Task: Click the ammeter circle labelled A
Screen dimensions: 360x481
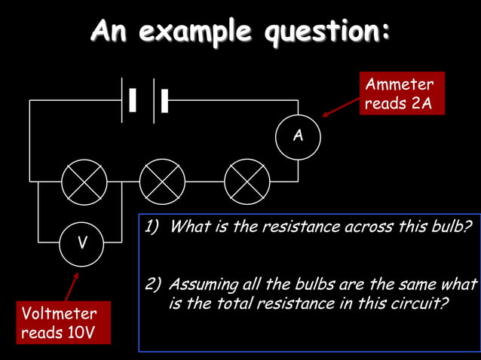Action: pyautogui.click(x=298, y=136)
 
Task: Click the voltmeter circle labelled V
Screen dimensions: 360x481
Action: pyautogui.click(x=82, y=243)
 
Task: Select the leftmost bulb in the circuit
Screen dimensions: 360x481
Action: pyautogui.click(x=83, y=182)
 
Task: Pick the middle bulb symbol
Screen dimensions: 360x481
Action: pyautogui.click(x=162, y=182)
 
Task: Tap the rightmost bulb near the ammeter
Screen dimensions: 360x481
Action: pyautogui.click(x=247, y=182)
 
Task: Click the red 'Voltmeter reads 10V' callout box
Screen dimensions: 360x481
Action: pyautogui.click(x=64, y=322)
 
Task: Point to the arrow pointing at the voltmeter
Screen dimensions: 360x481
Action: pyautogui.click(x=71, y=287)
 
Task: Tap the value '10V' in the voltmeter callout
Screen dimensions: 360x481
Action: pyautogui.click(x=79, y=332)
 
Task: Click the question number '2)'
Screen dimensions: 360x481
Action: pyautogui.click(x=153, y=285)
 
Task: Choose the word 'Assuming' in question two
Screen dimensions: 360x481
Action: pyautogui.click(x=199, y=285)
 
